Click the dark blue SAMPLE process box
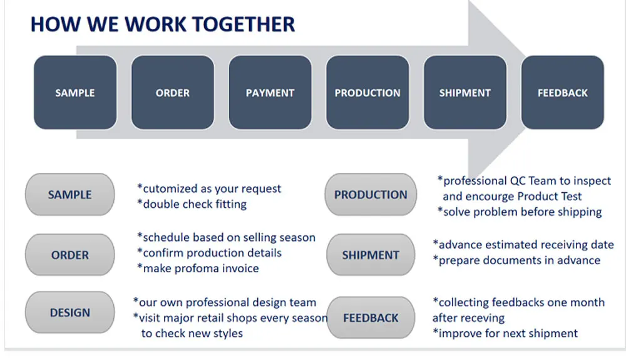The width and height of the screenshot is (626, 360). click(75, 93)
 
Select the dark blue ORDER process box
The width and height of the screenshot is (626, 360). click(173, 93)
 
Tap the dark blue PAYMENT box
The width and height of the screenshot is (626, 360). click(270, 93)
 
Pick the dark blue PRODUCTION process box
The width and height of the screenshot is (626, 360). click(367, 93)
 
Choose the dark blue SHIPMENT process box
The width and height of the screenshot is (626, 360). click(465, 93)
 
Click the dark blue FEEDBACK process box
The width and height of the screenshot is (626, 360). click(563, 93)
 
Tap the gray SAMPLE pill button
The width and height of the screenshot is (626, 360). click(70, 195)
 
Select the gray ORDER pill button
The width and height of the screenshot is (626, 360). click(70, 255)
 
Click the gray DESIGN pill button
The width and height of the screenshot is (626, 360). click(70, 312)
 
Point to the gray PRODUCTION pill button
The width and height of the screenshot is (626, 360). click(371, 195)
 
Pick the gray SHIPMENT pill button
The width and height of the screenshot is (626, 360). click(371, 255)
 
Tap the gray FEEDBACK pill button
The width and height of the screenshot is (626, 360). click(371, 317)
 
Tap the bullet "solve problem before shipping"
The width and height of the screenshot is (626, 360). click(520, 212)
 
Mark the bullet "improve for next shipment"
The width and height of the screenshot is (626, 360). click(506, 333)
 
